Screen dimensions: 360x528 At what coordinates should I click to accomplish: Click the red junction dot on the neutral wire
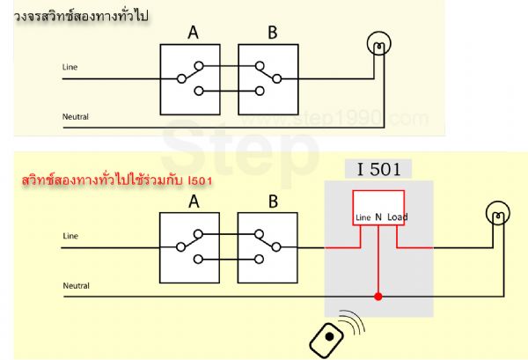point(378,297)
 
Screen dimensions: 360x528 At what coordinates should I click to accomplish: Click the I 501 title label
point(378,169)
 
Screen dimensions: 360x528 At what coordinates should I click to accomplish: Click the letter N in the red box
point(378,217)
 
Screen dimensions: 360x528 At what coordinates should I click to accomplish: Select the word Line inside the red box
point(363,217)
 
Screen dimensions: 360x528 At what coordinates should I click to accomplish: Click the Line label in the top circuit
point(71,67)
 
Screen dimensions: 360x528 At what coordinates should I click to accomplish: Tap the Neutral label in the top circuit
point(76,116)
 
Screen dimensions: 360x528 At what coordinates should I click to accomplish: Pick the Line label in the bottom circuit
point(71,236)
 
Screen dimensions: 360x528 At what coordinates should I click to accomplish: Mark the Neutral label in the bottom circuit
point(76,285)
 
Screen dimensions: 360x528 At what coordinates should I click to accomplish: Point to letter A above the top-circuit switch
point(193,33)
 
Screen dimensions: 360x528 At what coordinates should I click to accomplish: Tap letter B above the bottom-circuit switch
point(272,202)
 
